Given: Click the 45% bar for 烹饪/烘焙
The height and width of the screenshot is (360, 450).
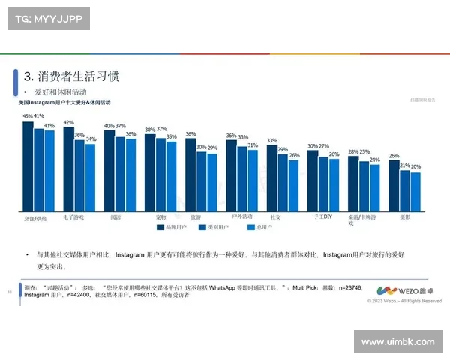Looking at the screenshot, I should point(28,166).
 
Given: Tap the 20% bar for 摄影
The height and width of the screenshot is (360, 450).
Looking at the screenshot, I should point(416,193).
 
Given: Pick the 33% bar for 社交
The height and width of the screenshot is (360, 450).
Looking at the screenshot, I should point(272,178).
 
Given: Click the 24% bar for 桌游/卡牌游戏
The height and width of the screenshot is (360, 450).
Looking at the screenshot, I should point(375,189).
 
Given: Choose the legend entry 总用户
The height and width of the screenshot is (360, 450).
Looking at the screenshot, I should point(273,226).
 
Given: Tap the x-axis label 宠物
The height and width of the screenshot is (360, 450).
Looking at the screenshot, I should point(150,217).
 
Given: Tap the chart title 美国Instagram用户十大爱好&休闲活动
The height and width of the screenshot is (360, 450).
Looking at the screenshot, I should point(64,101).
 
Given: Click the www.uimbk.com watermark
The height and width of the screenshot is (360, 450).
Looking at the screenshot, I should point(397,342).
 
